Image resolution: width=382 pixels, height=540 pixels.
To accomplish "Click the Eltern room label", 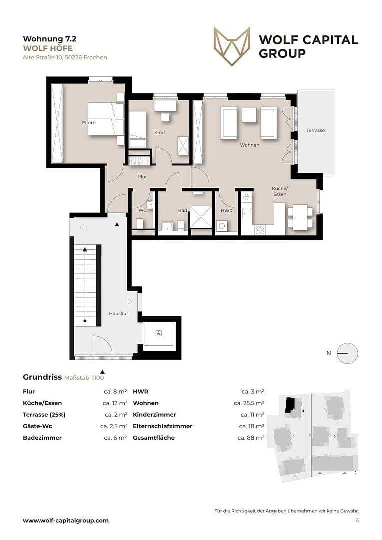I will click(89, 122).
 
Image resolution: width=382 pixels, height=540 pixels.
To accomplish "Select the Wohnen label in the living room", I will click(249, 145).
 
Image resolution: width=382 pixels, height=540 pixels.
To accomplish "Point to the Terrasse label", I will click(315, 130).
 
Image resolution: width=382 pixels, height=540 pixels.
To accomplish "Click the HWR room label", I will click(226, 211).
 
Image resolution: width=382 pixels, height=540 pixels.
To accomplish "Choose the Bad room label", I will click(183, 211).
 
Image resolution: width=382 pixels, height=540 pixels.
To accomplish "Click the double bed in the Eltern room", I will click(106, 119).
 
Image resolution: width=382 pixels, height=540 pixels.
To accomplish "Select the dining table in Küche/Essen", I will click(300, 217).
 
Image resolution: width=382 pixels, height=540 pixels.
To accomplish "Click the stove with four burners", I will click(260, 230).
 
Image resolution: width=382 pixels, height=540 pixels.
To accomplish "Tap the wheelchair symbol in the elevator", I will click(158, 333).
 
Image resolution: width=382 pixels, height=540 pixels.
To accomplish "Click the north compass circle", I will click(347, 353).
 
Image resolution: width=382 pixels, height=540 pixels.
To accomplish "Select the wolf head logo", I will click(232, 46).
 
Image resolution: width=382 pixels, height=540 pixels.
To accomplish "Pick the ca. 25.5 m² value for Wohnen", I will click(249, 403).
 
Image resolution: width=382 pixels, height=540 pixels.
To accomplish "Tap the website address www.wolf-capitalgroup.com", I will click(66, 520).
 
